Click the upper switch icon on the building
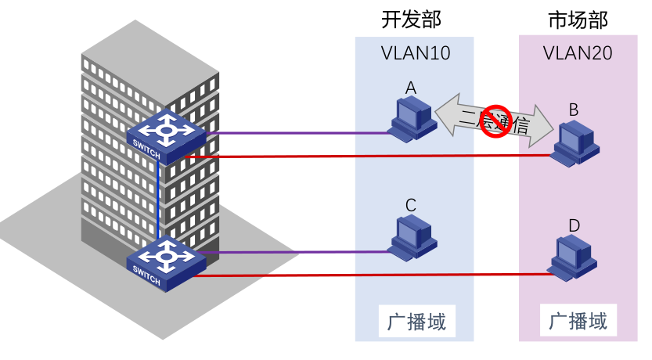coord(166,134)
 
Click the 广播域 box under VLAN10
coord(416,322)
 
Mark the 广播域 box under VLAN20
coord(578,321)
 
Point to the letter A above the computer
coord(410,88)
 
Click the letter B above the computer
coord(573,110)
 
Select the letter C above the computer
coord(410,205)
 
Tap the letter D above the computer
coord(574,226)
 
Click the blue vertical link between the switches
coord(158,200)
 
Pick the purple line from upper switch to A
coord(297,133)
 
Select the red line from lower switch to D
coord(368,275)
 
